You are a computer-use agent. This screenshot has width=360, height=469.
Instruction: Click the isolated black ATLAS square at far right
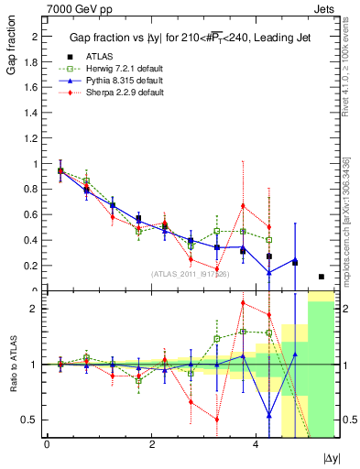pyautogui.click(x=322, y=277)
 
